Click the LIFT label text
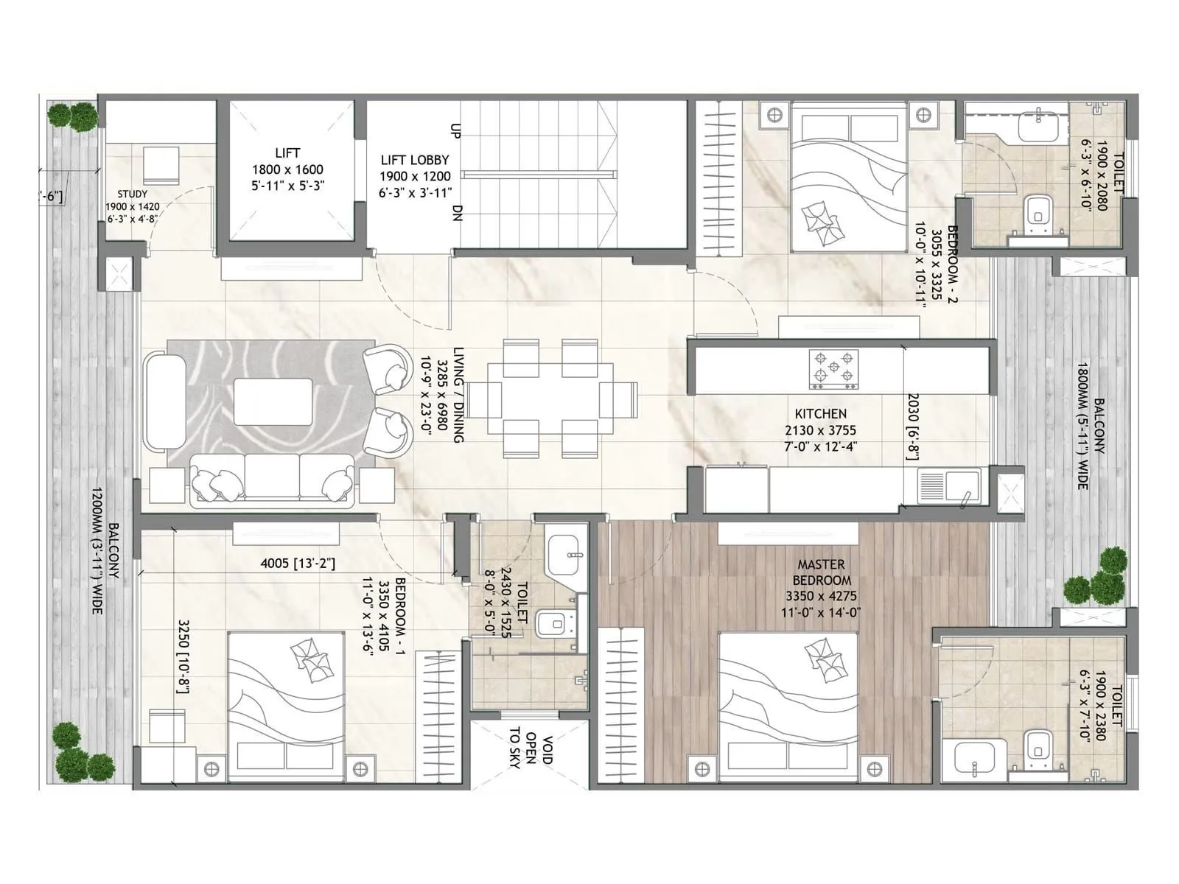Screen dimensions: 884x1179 tap(287, 153)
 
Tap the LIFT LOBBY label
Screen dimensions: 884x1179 tap(414, 160)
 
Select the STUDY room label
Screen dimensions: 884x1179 tap(132, 194)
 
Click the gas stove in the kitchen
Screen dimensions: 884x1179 tap(834, 368)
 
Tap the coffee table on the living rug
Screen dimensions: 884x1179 tap(273, 401)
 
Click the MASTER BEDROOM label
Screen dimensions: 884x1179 tap(821, 572)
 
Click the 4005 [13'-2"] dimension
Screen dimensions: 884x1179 tap(298, 564)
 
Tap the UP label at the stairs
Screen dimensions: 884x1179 tap(455, 130)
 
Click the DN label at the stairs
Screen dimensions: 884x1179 tap(457, 214)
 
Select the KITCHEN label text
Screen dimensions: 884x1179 tap(820, 414)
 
